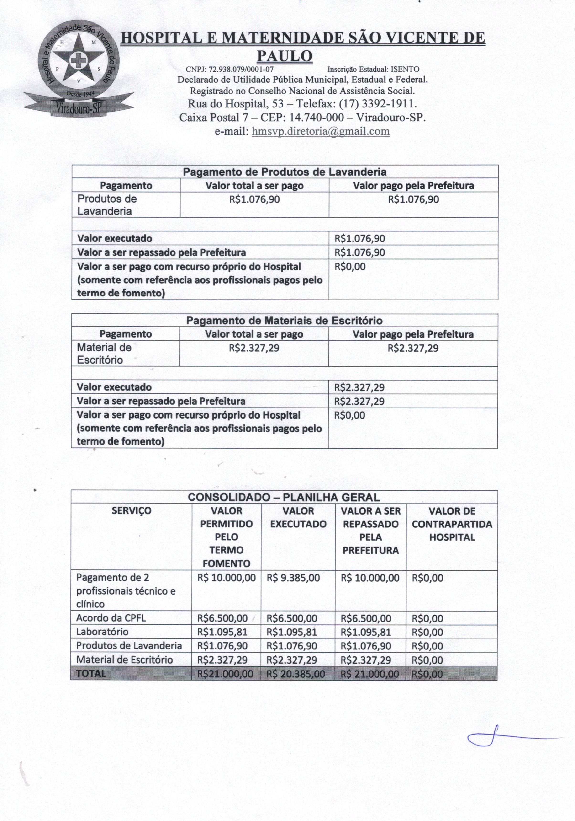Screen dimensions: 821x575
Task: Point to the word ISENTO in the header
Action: coord(405,69)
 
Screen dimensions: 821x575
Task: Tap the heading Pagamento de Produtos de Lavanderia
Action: coord(285,172)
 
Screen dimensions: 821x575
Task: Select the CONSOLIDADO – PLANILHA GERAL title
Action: coord(284,497)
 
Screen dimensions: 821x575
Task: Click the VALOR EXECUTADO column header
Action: coord(298,517)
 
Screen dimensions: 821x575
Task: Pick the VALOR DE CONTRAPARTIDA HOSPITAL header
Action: coord(452,524)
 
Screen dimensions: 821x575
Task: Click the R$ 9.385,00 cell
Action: coord(293,578)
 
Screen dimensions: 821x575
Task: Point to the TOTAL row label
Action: coord(91,673)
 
